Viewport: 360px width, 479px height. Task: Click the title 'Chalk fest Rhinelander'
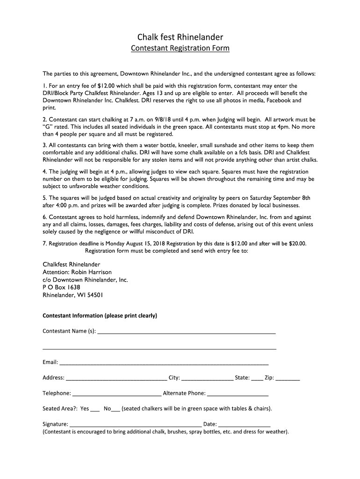click(180, 36)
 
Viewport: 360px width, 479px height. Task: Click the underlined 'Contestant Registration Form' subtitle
click(180, 48)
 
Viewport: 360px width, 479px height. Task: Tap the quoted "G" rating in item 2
click(47, 126)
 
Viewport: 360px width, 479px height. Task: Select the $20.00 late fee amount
click(296, 244)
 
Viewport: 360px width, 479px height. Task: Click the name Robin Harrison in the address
click(91, 272)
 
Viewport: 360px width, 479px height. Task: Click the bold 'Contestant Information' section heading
click(100, 316)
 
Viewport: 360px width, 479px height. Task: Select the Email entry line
click(164, 363)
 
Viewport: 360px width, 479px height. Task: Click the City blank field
click(207, 378)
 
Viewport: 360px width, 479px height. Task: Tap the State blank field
click(257, 378)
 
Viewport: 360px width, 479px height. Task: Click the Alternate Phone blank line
click(238, 394)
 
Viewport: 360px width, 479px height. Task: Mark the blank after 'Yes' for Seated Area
click(95, 409)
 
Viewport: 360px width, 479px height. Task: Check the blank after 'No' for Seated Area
click(116, 409)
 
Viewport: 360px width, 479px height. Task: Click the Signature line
click(136, 425)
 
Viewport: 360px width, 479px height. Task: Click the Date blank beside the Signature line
click(244, 425)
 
